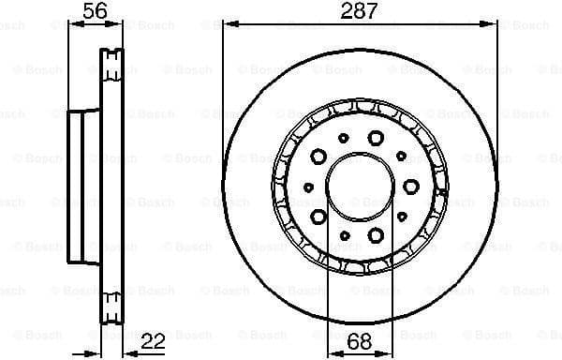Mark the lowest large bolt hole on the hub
point(374,234)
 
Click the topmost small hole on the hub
point(343,138)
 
